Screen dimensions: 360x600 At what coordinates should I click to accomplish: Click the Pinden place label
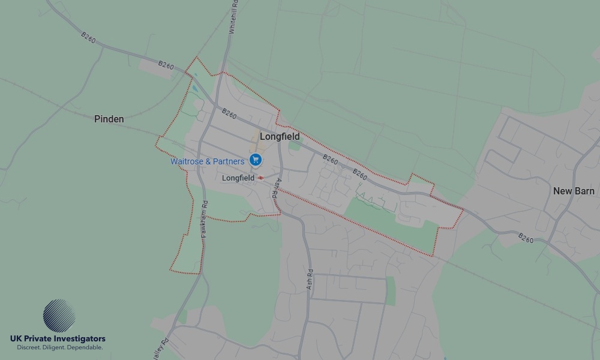(109, 119)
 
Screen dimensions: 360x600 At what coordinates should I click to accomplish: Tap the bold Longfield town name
(280, 137)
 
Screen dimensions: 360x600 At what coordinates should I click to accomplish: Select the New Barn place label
(574, 191)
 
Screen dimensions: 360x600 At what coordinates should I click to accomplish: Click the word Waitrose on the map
(187, 161)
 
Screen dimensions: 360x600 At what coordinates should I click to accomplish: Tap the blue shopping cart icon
(256, 160)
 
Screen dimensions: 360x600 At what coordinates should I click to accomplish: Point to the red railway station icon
(261, 178)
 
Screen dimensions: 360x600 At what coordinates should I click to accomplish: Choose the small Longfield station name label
(238, 178)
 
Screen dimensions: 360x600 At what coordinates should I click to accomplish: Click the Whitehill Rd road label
(233, 16)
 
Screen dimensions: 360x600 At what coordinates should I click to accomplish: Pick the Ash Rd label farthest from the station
(310, 280)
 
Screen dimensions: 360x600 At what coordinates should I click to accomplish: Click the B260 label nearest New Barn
(526, 238)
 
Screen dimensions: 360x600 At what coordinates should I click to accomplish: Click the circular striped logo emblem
(59, 316)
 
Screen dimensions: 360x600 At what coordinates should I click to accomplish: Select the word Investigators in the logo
(80, 339)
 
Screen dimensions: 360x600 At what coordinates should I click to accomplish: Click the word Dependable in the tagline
(85, 347)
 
